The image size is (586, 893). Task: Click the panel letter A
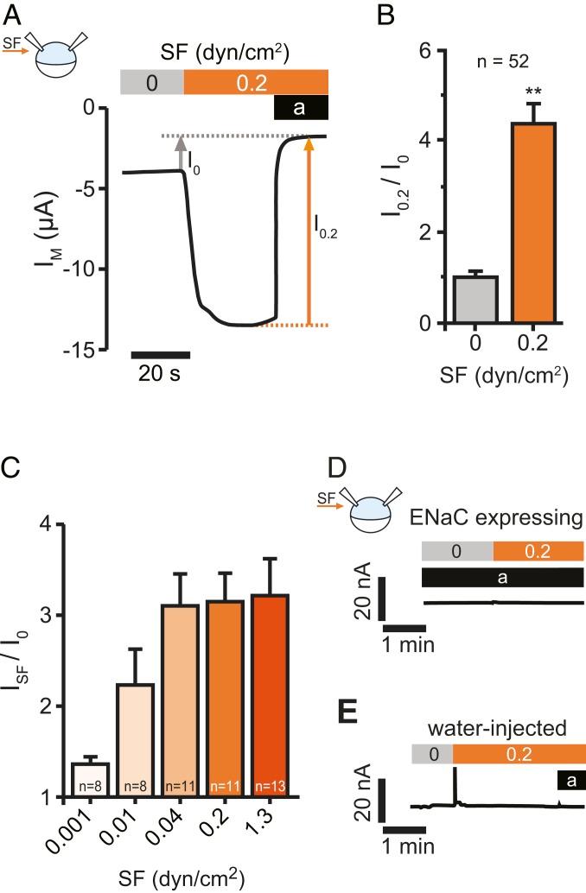point(15,15)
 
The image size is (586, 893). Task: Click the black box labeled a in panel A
point(301,107)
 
